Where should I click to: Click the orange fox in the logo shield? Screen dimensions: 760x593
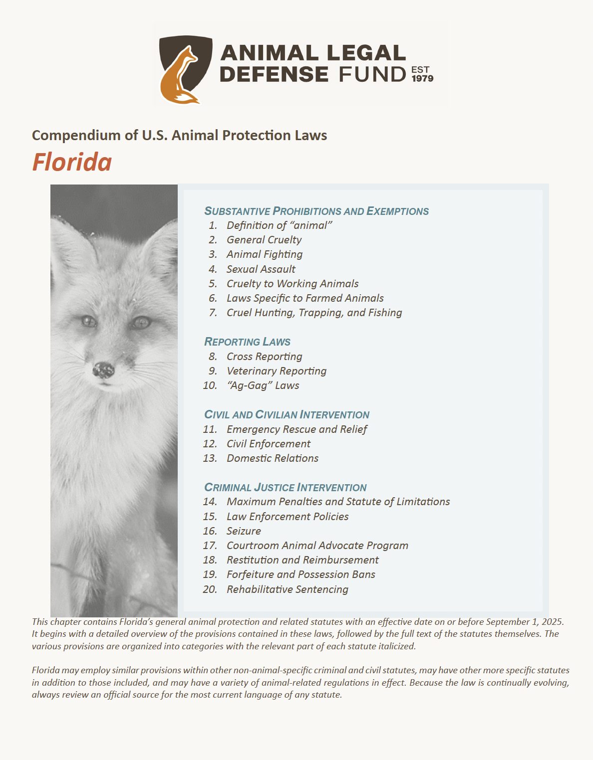tap(181, 75)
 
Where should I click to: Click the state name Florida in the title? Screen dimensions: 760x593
tap(72, 162)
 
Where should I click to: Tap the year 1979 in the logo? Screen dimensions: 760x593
tap(422, 78)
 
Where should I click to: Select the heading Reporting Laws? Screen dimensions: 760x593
tap(247, 342)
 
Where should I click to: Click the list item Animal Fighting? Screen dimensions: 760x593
tap(264, 254)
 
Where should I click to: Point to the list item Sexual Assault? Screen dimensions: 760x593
tap(261, 269)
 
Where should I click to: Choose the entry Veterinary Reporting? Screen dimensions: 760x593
tap(276, 371)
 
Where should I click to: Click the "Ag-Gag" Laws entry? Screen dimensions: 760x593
tap(263, 385)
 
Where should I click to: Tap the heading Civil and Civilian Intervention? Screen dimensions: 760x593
tap(287, 414)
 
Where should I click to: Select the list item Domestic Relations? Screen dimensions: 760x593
tap(272, 458)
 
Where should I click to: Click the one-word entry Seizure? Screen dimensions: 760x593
tap(244, 531)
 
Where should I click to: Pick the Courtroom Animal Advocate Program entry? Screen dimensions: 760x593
tap(317, 546)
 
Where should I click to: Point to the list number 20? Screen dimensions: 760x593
tap(210, 589)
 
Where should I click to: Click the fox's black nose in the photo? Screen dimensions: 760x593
tap(104, 370)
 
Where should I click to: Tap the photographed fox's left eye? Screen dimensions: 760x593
tap(89, 322)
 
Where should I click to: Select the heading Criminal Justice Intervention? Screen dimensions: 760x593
tap(285, 487)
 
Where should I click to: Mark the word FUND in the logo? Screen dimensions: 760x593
tap(372, 75)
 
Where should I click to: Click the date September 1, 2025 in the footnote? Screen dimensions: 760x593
tap(525, 622)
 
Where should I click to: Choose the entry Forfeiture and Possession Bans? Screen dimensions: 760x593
tap(300, 574)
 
